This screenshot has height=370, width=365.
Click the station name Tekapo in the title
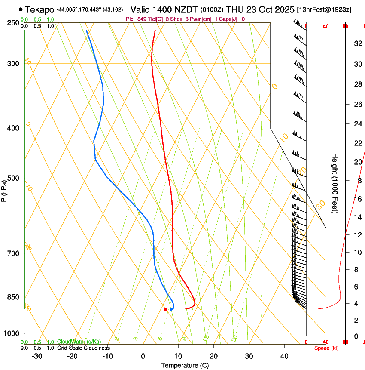coord(40,9)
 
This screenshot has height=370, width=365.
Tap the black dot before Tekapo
coord(21,9)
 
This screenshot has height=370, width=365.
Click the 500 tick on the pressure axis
coord(14,178)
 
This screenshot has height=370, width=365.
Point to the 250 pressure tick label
coord(14,23)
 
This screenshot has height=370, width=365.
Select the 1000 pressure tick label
coord(12,333)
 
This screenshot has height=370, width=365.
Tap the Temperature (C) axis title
coord(185,365)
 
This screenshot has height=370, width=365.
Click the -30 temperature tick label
coord(37,356)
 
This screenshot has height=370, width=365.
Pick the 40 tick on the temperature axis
coord(284,356)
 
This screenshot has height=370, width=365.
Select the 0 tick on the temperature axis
coord(143,356)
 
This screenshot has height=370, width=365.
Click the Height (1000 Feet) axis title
coord(335,183)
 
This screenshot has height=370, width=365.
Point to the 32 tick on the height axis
coord(357,43)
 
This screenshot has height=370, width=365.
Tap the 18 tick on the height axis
coord(357,180)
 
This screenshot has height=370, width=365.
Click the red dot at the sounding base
coord(166,309)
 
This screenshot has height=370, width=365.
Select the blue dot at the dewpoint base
coord(171,309)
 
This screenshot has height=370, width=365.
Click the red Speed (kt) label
coord(326,348)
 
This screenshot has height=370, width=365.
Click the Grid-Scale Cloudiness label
coord(83,348)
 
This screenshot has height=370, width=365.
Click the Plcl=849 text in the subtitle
coord(136,19)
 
